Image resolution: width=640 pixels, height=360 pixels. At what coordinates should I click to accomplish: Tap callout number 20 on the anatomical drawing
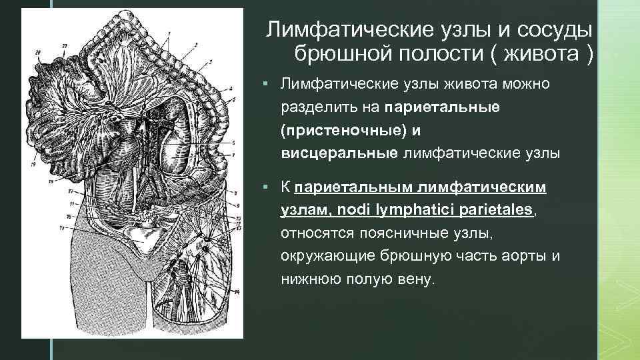coord(37,52)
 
